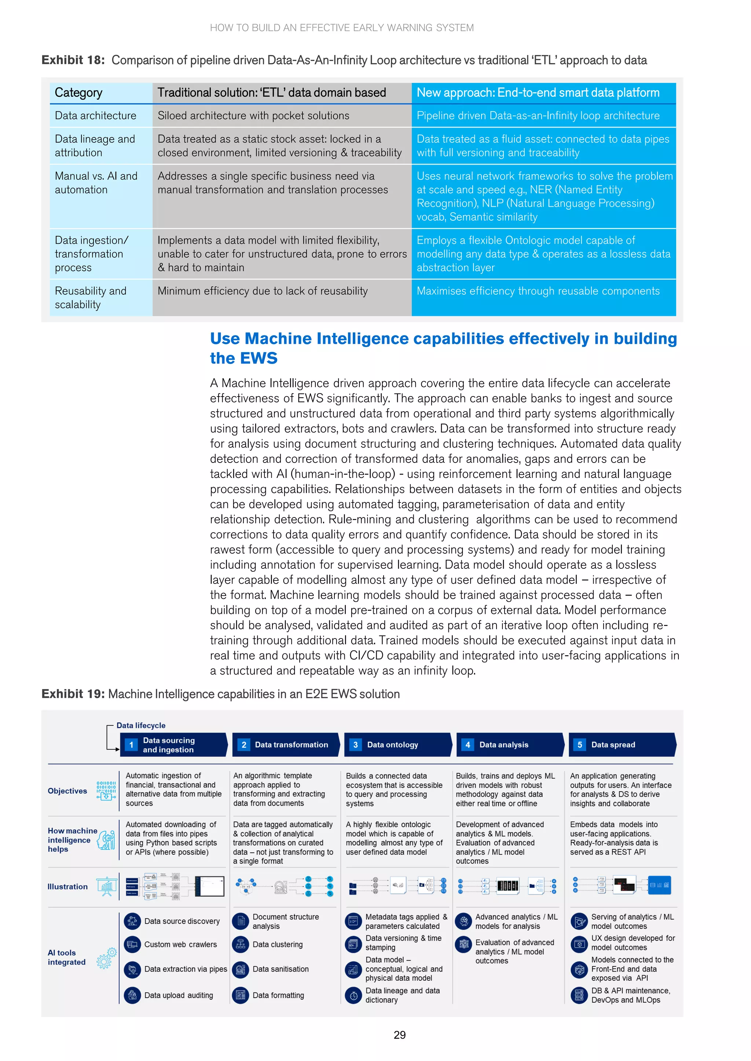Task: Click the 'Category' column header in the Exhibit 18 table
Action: [78, 93]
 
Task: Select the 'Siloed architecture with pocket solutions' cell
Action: [253, 115]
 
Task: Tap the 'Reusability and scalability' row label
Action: [90, 298]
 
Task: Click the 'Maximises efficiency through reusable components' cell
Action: [538, 291]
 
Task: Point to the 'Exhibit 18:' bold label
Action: [73, 60]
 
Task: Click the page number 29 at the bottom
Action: [400, 1035]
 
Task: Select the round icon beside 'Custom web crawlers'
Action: [132, 944]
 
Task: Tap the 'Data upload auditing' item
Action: [179, 995]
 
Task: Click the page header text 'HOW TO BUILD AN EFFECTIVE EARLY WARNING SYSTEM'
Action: [342, 28]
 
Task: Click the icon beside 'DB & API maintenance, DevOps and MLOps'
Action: [579, 995]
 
